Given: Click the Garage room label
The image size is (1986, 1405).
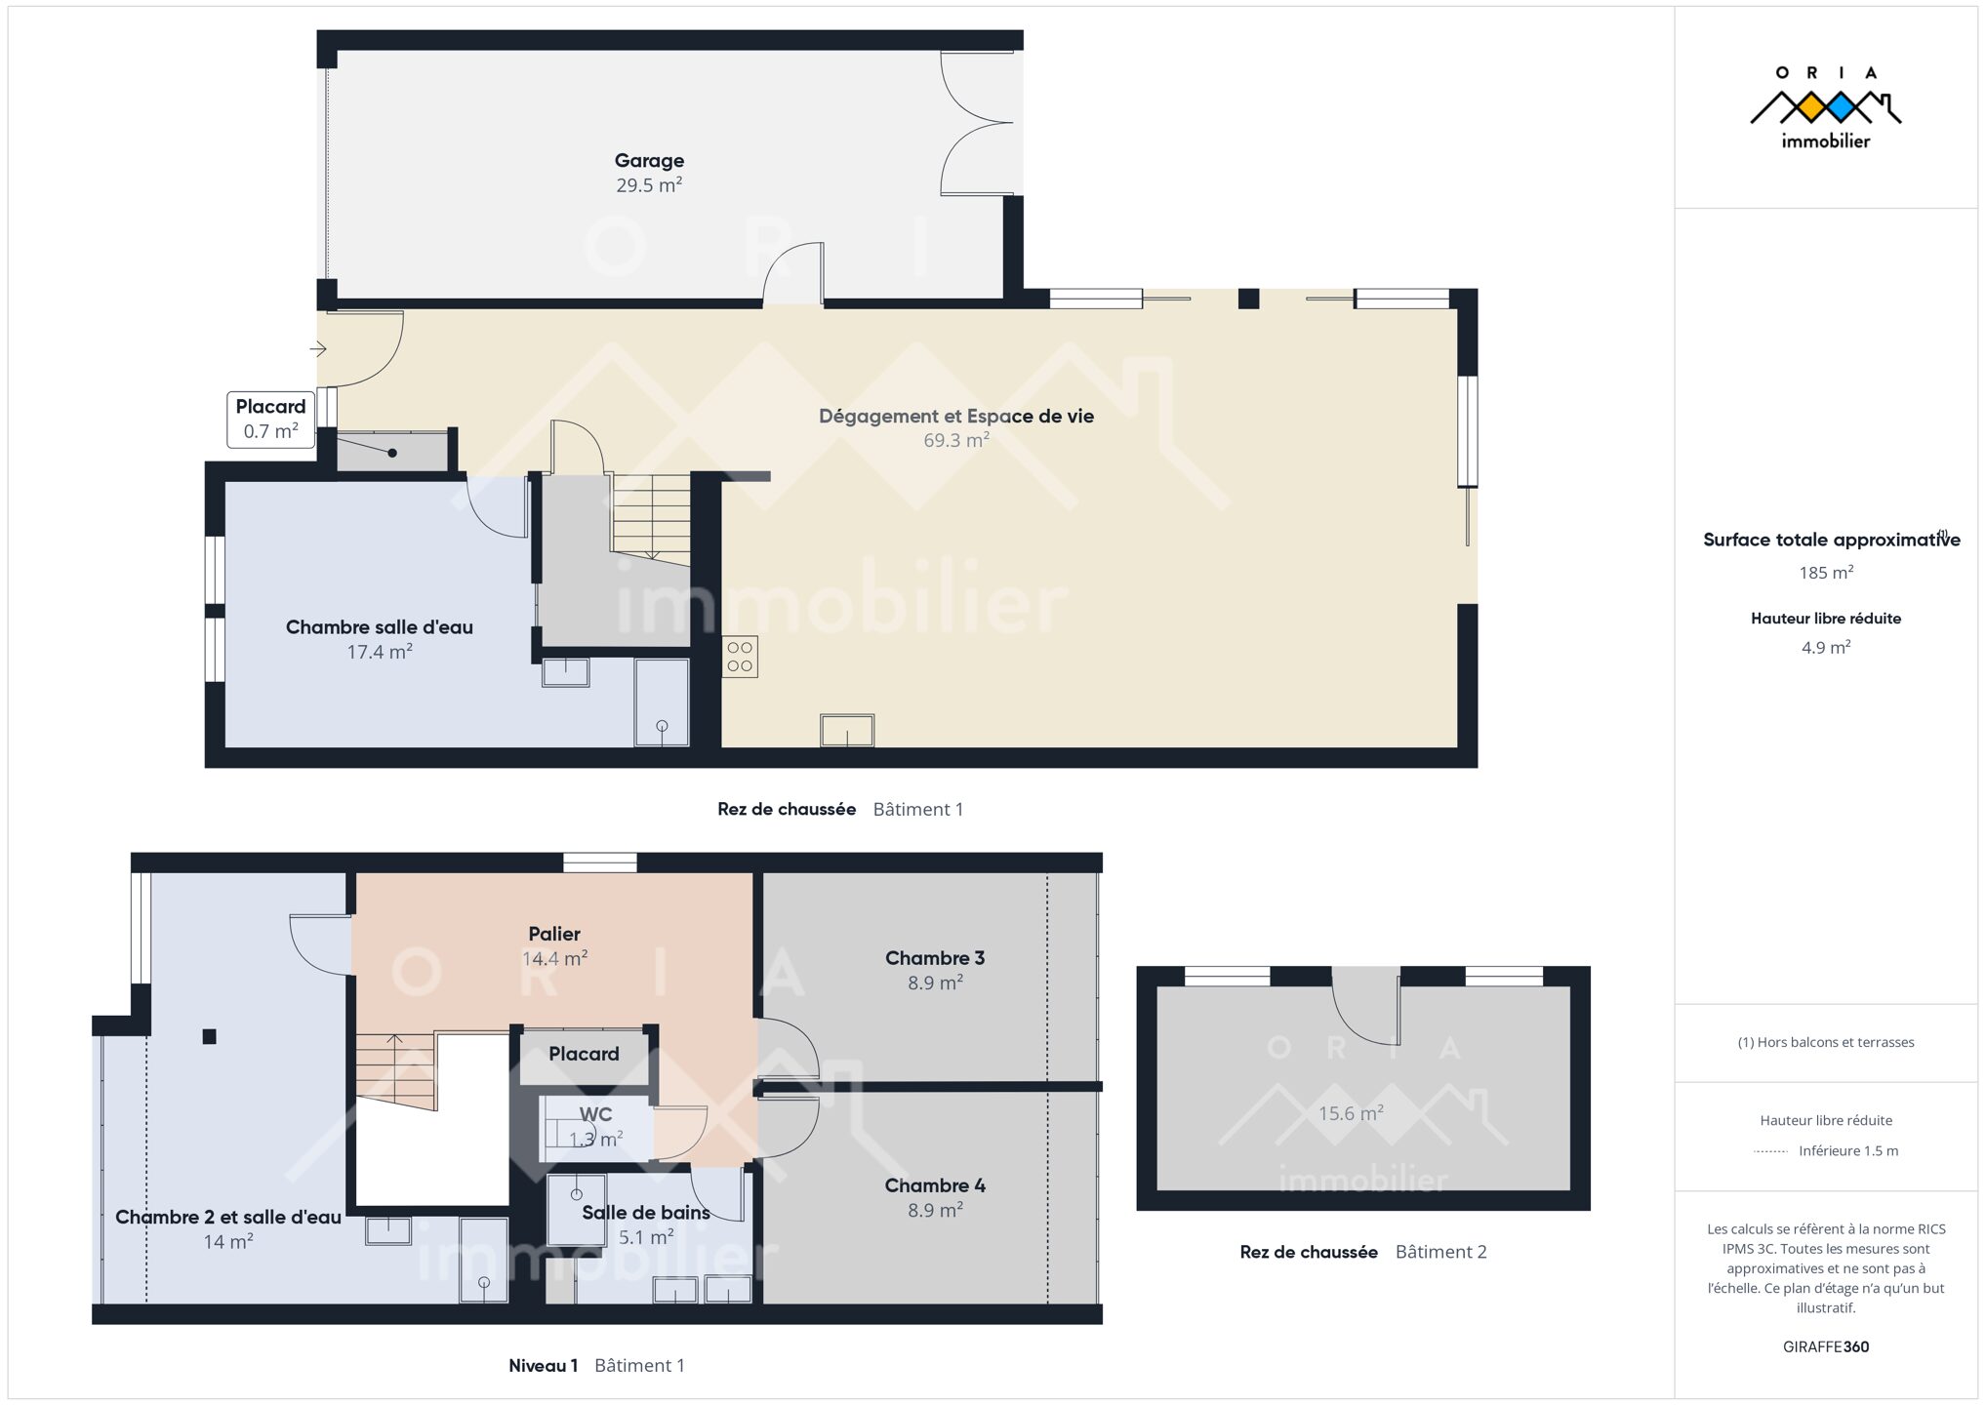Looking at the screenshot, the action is pos(649,160).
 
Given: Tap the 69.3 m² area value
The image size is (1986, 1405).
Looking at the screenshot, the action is pos(956,440).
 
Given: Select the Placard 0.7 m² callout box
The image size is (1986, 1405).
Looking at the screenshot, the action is pos(271,420).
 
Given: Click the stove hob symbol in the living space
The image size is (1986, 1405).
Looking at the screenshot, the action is pos(740,657).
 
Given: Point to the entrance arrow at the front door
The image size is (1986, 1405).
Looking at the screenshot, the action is pos(318,348).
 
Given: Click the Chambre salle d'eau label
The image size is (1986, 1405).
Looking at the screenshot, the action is pos(380,627).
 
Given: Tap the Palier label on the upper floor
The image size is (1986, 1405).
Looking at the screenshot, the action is pos(554,934).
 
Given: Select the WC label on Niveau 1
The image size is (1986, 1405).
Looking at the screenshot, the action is pos(595,1114).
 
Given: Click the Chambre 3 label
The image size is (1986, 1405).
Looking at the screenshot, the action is pos(935,958).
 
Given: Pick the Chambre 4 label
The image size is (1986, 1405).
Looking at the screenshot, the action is pos(935,1185).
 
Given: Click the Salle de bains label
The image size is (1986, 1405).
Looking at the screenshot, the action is pos(646,1213).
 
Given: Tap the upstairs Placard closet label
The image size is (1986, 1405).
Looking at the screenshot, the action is pos(584,1054).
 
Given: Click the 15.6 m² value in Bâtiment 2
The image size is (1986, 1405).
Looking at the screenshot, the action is pos(1351,1113).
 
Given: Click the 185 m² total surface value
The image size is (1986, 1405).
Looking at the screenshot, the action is pos(1826,573).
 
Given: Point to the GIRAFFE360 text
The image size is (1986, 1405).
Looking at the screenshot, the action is pos(1826,1346).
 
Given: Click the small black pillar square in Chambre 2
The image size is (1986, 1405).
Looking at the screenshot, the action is pos(209,1036).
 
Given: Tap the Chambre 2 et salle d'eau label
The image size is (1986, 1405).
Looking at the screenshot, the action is pos(228,1217).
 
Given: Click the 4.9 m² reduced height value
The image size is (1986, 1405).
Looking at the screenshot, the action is pos(1826,647).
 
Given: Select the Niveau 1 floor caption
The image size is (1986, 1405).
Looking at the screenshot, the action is pos(544,1365).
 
